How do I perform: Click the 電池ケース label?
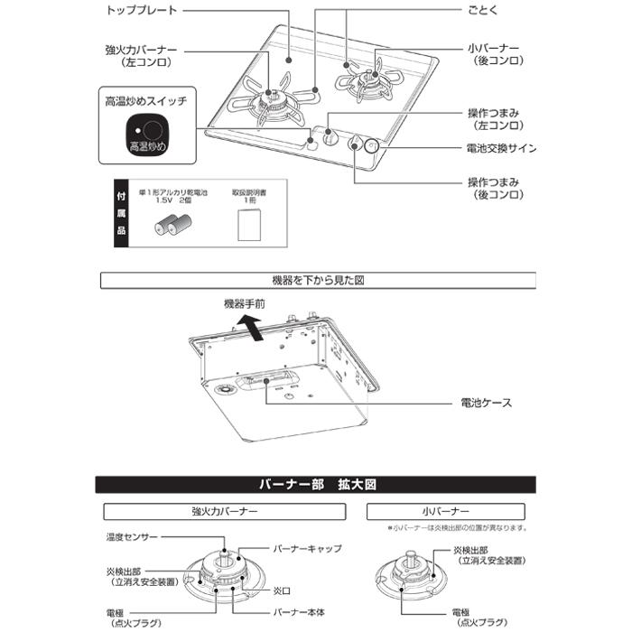pos(487,402)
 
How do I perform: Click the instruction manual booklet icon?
pos(248,225)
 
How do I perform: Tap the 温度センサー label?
pos(132,537)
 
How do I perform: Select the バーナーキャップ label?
pos(308,548)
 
